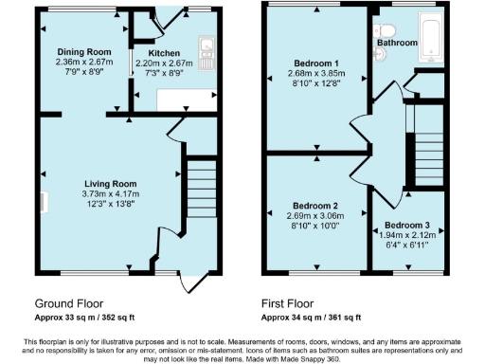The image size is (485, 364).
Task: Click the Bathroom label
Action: (x=397, y=44)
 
